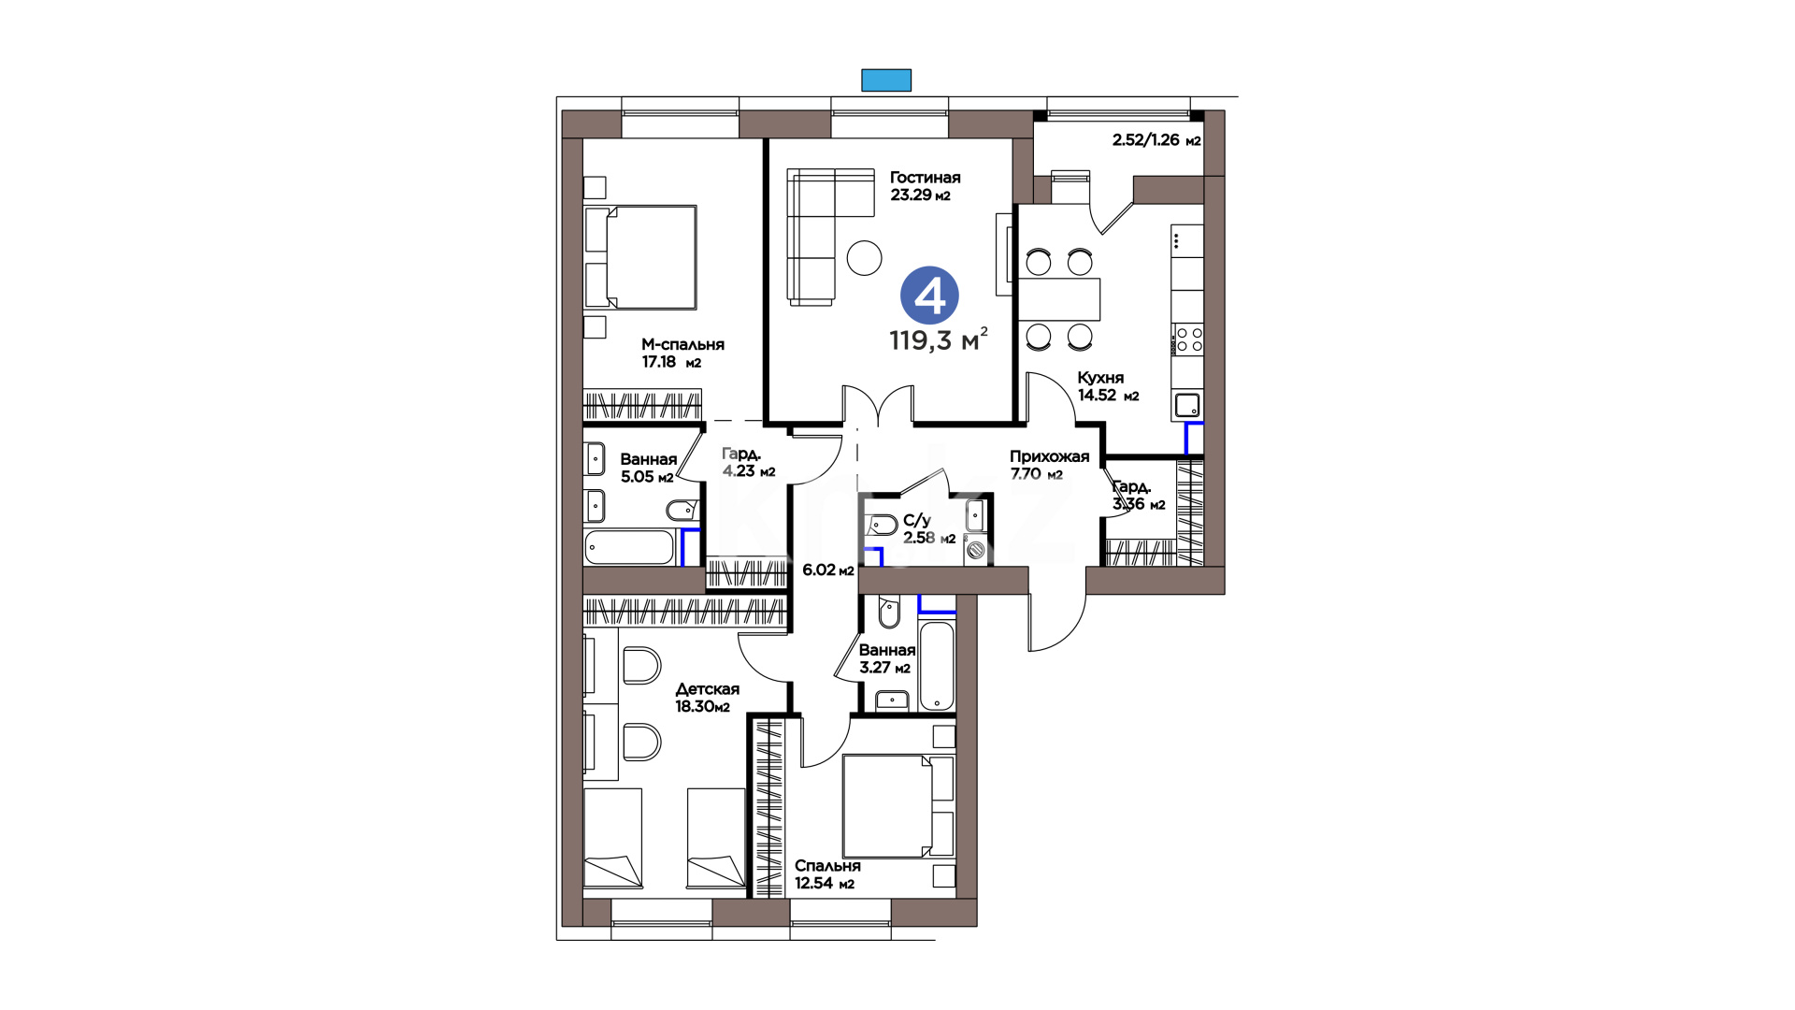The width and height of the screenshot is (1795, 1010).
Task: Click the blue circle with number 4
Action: click(929, 296)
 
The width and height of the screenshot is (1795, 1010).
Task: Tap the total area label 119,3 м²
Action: click(938, 339)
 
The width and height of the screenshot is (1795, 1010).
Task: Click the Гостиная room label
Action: click(925, 178)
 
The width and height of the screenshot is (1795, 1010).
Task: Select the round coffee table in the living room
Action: click(864, 257)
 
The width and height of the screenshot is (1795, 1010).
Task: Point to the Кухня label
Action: click(1100, 378)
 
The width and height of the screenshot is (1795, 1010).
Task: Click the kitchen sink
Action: click(1187, 406)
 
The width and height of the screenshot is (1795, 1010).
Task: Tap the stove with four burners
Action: click(1188, 339)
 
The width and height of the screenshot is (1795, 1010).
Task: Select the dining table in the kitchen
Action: click(1059, 299)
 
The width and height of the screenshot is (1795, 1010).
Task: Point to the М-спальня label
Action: click(682, 344)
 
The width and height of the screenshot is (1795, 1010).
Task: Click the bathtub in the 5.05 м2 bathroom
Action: click(629, 548)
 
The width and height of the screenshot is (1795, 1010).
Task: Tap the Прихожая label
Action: click(1049, 456)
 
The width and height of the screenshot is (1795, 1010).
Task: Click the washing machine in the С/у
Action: click(976, 550)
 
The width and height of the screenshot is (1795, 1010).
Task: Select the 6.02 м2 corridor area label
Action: click(828, 570)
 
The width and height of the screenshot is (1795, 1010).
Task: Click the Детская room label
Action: click(707, 689)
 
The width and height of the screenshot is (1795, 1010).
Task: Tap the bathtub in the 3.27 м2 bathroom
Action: click(937, 667)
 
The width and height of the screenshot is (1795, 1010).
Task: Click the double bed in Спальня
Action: click(897, 806)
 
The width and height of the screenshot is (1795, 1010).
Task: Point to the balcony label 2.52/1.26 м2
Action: click(1156, 140)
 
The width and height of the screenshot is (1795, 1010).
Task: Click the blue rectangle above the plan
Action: click(886, 80)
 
